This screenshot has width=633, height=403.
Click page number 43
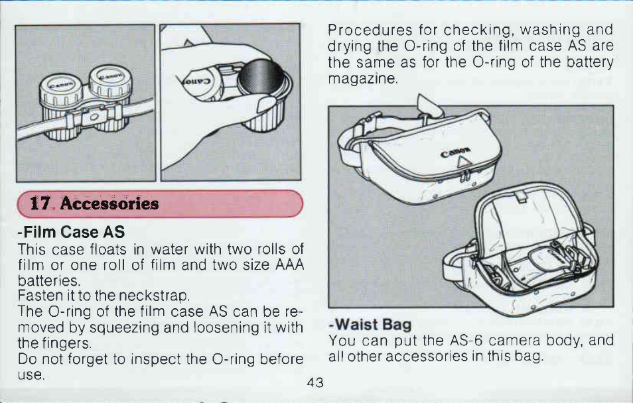pyautogui.click(x=315, y=382)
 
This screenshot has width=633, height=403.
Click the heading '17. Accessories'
pyautogui.click(x=94, y=203)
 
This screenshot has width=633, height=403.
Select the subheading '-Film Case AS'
pyautogui.click(x=72, y=232)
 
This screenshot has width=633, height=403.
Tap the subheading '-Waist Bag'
pyautogui.click(x=370, y=324)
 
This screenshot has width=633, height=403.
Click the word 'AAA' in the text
pyautogui.click(x=289, y=265)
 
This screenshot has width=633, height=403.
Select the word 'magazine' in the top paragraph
pyautogui.click(x=363, y=78)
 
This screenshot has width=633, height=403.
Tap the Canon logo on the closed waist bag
pyautogui.click(x=455, y=152)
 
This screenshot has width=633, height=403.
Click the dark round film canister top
pyautogui.click(x=260, y=77)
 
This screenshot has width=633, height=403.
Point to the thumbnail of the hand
pyautogui.click(x=266, y=105)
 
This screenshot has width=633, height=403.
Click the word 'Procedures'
pyautogui.click(x=370, y=30)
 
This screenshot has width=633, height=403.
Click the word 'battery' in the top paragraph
pyautogui.click(x=590, y=62)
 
